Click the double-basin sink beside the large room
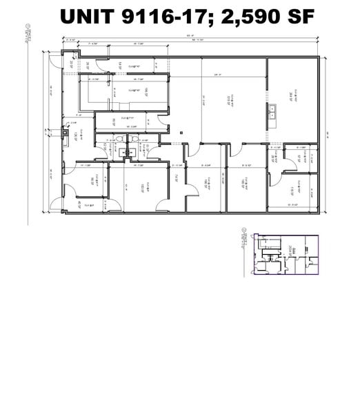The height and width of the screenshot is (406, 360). [x=274, y=110]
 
